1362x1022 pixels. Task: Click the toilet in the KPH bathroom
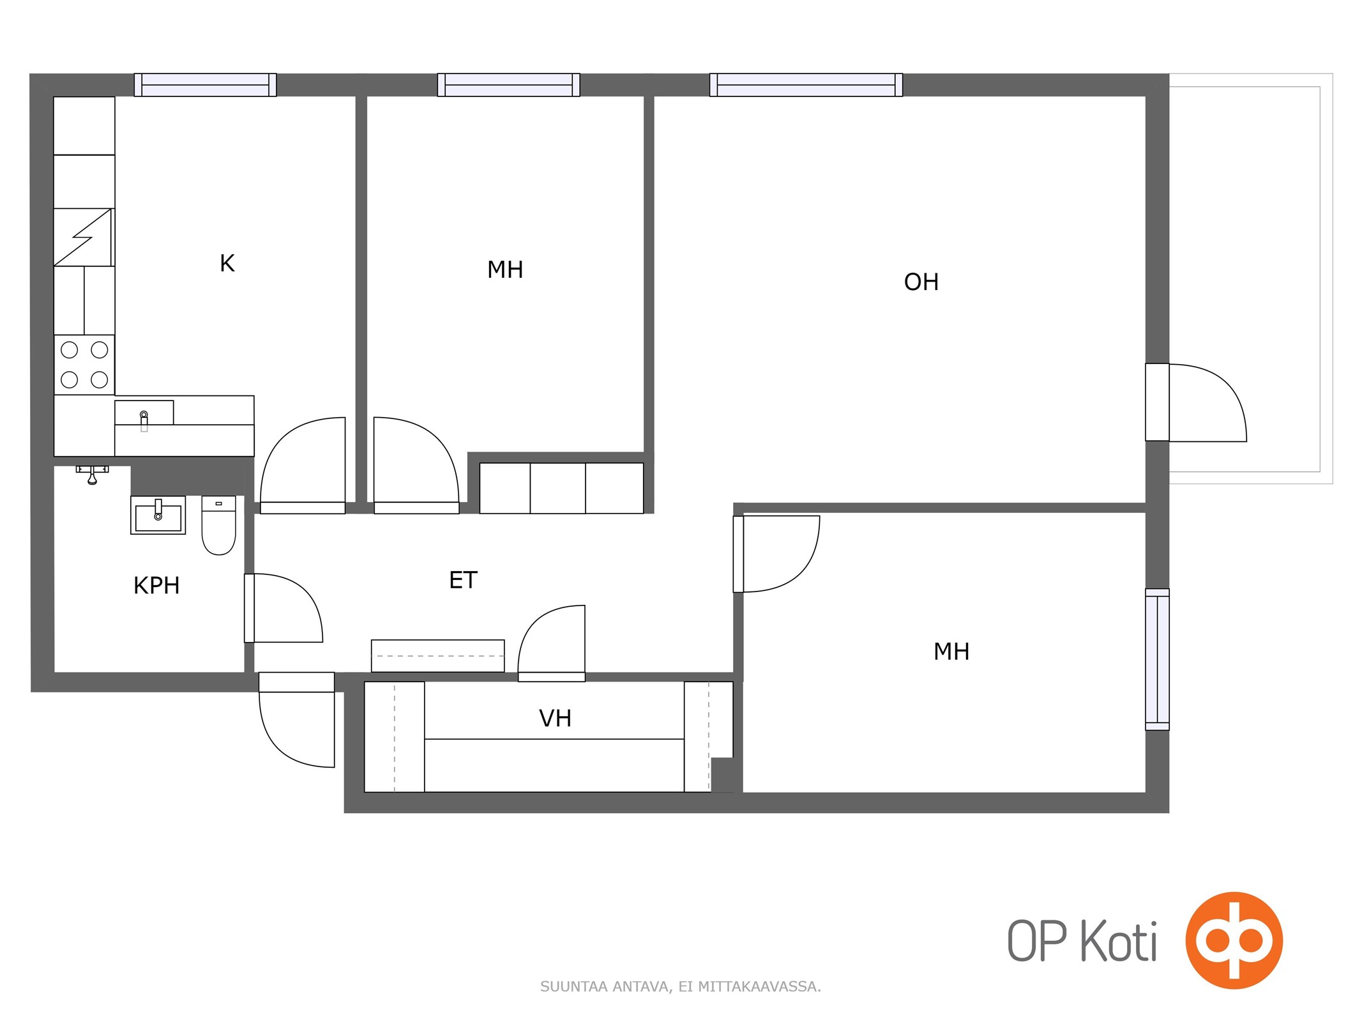pos(218,525)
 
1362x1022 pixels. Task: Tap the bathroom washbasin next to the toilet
pos(158,515)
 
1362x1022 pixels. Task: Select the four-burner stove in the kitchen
pos(84,365)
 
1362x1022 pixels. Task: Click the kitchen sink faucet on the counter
pos(144,420)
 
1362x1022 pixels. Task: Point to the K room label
pos(227,263)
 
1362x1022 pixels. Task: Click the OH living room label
pos(921,282)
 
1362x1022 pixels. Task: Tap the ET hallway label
pos(463,580)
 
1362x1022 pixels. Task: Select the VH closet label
pos(555,718)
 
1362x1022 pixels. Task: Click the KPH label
pos(156,585)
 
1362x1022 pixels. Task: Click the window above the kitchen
pos(205,85)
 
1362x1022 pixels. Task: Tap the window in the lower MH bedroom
pos(1157,659)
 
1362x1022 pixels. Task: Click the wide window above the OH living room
pos(806,85)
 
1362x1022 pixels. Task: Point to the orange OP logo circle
pos(1234,940)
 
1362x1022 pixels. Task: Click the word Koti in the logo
pos(1118,941)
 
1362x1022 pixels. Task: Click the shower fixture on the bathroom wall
pos(93,474)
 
